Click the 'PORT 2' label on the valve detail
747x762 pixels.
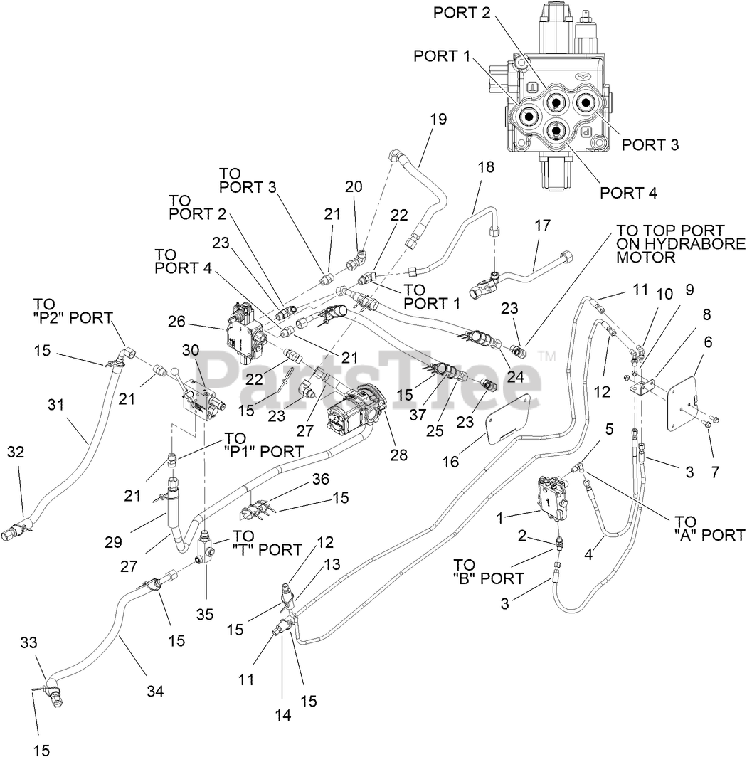462,13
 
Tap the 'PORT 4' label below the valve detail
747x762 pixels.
628,193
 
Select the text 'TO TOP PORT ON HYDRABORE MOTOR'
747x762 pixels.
680,244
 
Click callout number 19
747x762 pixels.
438,119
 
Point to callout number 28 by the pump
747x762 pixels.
398,455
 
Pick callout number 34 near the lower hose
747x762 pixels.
155,691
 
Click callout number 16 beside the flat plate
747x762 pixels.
450,462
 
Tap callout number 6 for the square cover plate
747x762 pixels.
708,342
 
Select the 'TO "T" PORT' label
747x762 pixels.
267,543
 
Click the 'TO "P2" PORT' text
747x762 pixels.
73,311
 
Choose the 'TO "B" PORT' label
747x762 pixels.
489,571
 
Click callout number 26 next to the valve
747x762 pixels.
177,321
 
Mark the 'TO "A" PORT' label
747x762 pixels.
709,529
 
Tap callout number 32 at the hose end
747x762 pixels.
16,452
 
